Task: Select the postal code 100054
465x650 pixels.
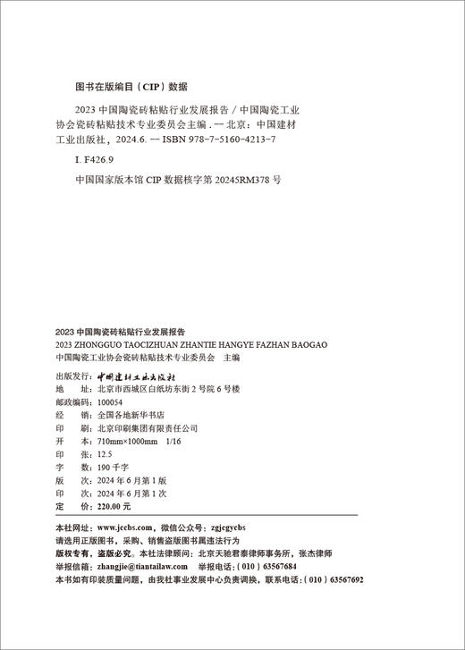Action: tap(108, 403)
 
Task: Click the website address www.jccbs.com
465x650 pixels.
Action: tap(127, 528)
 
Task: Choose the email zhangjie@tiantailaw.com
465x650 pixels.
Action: tap(137, 567)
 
